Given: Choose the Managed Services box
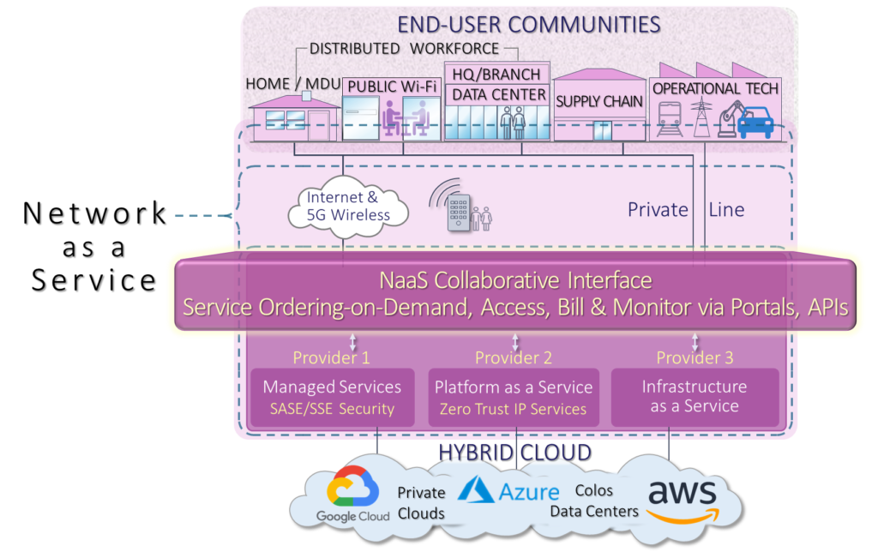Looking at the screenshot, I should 332,397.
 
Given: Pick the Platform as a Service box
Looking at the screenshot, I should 514,397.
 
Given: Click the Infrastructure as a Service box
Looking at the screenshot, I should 695,397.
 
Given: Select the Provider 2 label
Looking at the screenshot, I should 514,357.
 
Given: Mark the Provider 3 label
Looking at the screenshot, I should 695,357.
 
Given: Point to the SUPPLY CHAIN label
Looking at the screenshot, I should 599,102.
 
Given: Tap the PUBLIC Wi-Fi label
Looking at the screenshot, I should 391,87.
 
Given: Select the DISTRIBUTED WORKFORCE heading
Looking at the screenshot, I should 404,49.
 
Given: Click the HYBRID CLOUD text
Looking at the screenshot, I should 514,451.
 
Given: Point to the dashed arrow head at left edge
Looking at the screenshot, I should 229,216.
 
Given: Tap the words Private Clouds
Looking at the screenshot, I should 421,503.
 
